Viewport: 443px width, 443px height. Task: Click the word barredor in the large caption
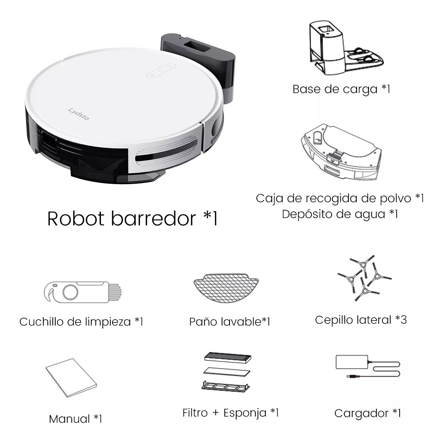coord(153,219)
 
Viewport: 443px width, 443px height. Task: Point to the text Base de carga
coord(335,89)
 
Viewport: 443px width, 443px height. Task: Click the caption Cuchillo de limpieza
coord(75,321)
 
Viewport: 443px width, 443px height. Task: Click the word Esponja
coord(245,413)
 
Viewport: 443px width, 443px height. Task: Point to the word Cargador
coord(361,413)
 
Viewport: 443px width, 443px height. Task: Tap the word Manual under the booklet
coord(70,419)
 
